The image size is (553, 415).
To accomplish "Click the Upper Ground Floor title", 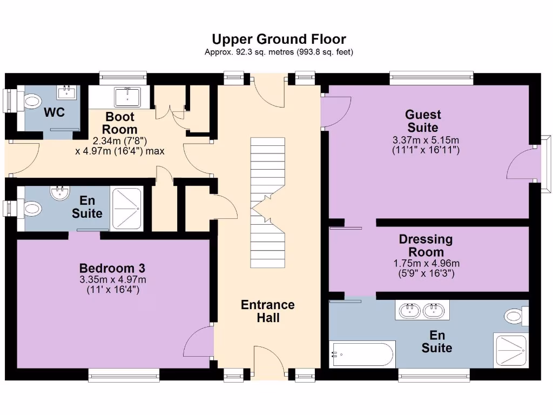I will pos(279,39).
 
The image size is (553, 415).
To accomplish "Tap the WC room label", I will pos(54,112).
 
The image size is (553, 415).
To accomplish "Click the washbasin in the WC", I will pos(69,92).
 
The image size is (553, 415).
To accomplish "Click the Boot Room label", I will pos(120,123).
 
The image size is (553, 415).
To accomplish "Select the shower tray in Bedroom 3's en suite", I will pos(127,208).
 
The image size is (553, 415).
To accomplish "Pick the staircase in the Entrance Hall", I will pos(267,203).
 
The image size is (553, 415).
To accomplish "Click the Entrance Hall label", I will pos(268,311).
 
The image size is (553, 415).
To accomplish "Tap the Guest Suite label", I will pos(424,121).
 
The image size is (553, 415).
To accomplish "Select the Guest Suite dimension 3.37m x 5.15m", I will pos(426,140).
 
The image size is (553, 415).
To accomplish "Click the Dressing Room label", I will pos(426,245).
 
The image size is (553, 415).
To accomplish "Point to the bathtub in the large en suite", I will pos(362,354).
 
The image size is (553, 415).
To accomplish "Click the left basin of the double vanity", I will pos(409,310).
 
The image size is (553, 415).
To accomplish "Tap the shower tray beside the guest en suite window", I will pos(510,350).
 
